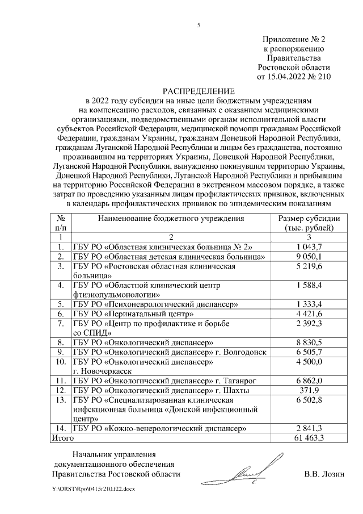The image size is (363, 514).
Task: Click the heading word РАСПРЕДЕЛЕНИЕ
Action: (x=199, y=91)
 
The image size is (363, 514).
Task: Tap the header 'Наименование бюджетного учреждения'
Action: (x=171, y=218)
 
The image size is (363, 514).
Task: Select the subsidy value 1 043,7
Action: (x=309, y=246)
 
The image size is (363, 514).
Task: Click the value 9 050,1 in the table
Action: (x=309, y=257)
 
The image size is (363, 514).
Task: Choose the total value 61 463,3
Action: (x=309, y=438)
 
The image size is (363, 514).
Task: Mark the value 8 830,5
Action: (x=309, y=342)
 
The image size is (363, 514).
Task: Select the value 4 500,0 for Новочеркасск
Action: (x=309, y=362)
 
